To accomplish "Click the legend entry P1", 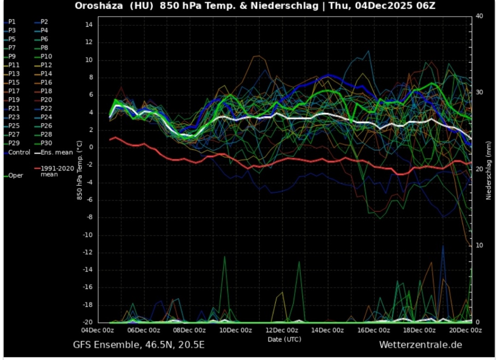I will [12, 22].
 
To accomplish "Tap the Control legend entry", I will [19, 152].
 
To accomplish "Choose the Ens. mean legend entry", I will [56, 152].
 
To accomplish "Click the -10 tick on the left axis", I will [89, 235].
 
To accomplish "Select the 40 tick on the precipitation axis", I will [479, 16].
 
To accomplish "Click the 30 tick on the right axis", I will [479, 92].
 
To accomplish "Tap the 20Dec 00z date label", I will [464, 330].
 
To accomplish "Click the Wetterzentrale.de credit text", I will [420, 345].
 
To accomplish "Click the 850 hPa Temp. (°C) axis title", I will [79, 170].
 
